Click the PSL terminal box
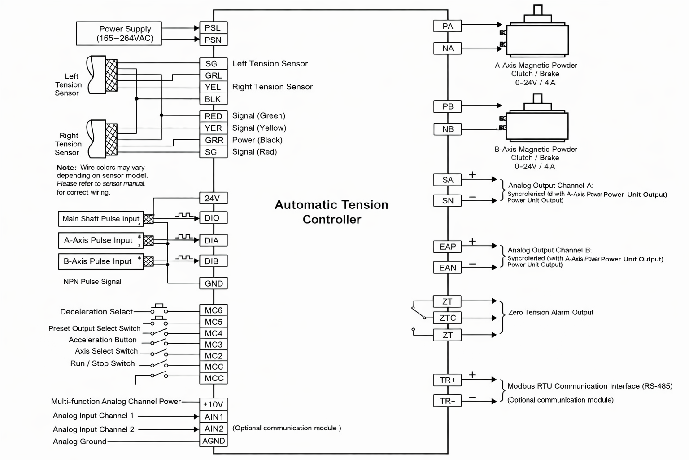click(x=213, y=28)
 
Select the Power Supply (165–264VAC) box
click(x=119, y=34)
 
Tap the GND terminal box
click(x=214, y=283)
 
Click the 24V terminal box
click(x=213, y=198)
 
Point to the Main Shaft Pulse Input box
click(x=101, y=219)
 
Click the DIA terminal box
click(x=213, y=240)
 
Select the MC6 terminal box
click(x=214, y=310)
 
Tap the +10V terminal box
click(x=214, y=404)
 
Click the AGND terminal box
click(x=214, y=441)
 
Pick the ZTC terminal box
click(x=447, y=318)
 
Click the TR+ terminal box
click(x=447, y=380)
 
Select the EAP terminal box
click(x=447, y=247)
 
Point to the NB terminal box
click(x=447, y=129)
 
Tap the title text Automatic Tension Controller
click(x=331, y=212)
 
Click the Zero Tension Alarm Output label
click(x=550, y=312)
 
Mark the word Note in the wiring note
click(x=66, y=168)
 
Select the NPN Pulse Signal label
click(x=92, y=282)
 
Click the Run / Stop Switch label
click(x=102, y=363)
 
